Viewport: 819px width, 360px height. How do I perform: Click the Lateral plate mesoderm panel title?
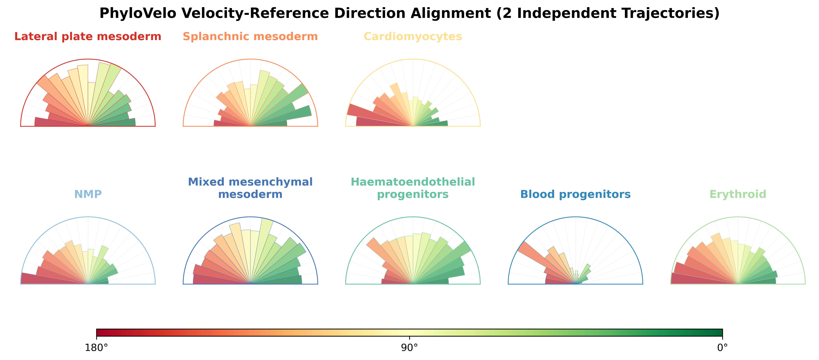pyautogui.click(x=88, y=37)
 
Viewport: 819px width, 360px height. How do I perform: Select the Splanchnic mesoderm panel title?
pyautogui.click(x=250, y=37)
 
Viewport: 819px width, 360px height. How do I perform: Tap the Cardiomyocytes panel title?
pyautogui.click(x=413, y=37)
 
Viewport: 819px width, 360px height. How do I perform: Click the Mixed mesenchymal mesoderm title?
pyautogui.click(x=250, y=188)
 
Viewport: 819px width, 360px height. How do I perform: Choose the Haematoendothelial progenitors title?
pyautogui.click(x=413, y=188)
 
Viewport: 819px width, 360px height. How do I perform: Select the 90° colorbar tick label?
pyautogui.click(x=410, y=348)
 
